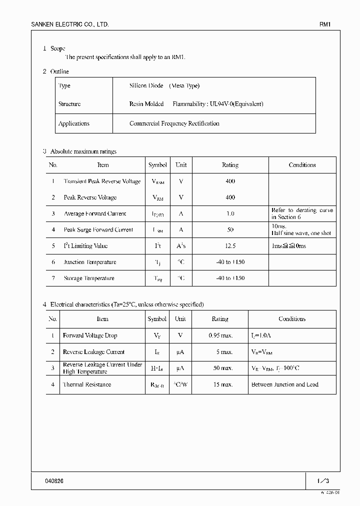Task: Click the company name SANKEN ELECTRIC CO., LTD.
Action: (x=69, y=24)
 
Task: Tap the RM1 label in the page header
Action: (x=325, y=24)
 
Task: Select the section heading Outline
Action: (x=59, y=71)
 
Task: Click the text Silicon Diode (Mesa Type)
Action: (x=164, y=86)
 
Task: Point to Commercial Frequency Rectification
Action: (x=174, y=123)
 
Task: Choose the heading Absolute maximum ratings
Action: (x=83, y=151)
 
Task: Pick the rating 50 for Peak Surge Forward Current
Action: (x=230, y=230)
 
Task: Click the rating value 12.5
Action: (x=230, y=246)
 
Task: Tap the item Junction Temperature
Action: (x=90, y=262)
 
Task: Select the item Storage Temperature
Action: (x=89, y=278)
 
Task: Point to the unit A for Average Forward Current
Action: (x=181, y=213)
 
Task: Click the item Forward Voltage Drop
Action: (x=90, y=335)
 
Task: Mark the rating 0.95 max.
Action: (x=220, y=335)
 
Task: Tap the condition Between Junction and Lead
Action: (x=284, y=384)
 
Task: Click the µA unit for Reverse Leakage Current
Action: (x=180, y=352)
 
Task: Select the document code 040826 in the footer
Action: (x=54, y=480)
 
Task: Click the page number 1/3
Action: (x=323, y=480)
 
